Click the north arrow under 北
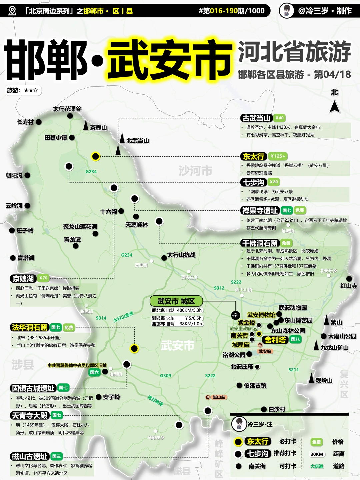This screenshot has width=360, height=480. [335, 107]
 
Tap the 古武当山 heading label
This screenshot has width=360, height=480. [256, 118]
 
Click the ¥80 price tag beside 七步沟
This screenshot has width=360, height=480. [274, 182]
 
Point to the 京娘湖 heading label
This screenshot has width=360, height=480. [23, 278]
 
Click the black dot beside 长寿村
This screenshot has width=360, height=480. [39, 122]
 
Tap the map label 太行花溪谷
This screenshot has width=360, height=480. [67, 109]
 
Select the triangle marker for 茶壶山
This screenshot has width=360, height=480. [86, 125]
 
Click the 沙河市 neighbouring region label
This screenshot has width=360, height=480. [195, 171]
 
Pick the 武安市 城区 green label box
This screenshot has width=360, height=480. [176, 301]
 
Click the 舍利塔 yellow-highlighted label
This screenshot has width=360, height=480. [275, 340]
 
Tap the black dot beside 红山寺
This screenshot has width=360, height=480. [349, 279]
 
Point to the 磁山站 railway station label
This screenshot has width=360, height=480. [216, 397]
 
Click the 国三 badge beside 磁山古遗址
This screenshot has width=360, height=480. [57, 456]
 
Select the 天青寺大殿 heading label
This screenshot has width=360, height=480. [30, 415]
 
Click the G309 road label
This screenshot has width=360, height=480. [165, 375]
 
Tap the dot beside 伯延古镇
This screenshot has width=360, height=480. [239, 385]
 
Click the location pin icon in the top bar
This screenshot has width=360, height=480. [12, 11]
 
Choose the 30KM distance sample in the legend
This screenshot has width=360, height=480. [317, 454]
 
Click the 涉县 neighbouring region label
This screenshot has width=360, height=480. [23, 364]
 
